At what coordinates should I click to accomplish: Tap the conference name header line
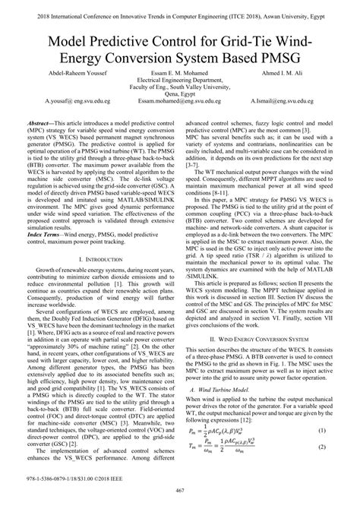coord(180,7)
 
